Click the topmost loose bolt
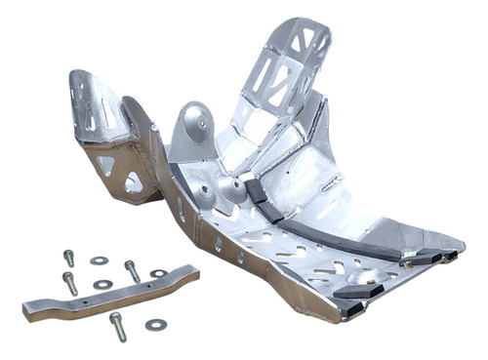68,258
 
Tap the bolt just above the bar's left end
70,283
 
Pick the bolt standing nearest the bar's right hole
132,269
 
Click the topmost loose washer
99,260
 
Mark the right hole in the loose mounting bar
147,286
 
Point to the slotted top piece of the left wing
93,102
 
